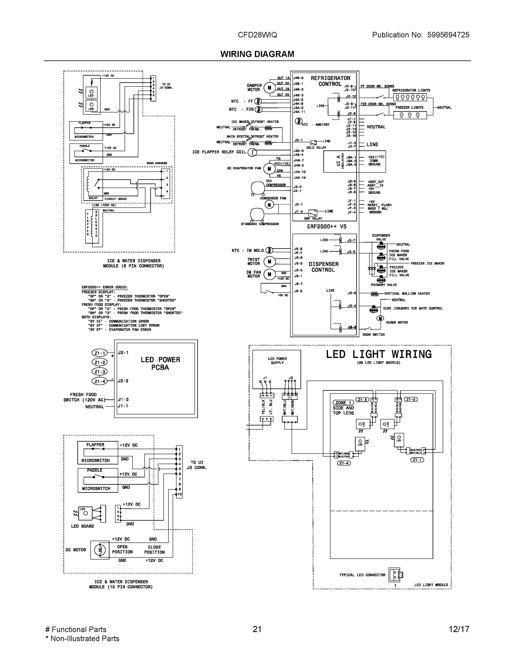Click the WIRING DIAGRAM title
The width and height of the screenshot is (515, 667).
(257, 54)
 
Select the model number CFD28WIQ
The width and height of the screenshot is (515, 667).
(257, 35)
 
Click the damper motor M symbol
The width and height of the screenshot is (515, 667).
(269, 88)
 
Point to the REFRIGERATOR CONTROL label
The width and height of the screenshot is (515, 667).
(330, 81)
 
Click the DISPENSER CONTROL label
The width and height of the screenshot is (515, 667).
(323, 267)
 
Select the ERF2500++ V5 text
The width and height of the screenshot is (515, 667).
(326, 227)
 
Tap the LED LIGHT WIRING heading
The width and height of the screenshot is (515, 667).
(379, 354)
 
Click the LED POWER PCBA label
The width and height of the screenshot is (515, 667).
(160, 364)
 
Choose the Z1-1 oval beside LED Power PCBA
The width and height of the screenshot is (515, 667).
(99, 353)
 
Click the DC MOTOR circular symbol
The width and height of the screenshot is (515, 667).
(99, 550)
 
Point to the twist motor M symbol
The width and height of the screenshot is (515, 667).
(269, 262)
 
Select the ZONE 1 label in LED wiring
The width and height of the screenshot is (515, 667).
(343, 402)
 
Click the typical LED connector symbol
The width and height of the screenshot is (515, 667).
(396, 575)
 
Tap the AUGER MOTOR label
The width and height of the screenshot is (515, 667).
(397, 322)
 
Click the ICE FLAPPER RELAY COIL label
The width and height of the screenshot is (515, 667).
(219, 152)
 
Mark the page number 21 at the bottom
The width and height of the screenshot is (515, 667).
(257, 629)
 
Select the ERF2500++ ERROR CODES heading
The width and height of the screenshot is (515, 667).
(105, 287)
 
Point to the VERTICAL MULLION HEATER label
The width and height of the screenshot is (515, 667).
(406, 293)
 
